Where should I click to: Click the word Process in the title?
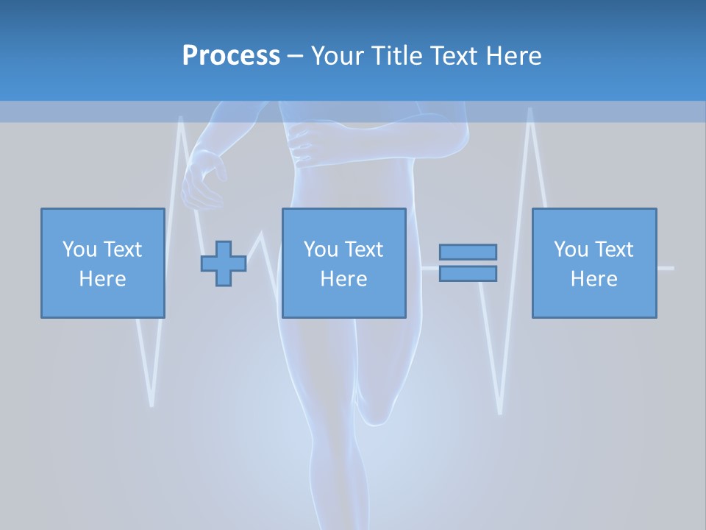click(231, 55)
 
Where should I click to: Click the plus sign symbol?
click(224, 264)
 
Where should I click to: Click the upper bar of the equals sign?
click(468, 252)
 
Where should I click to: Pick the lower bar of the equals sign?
click(468, 273)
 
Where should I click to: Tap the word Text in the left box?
click(122, 250)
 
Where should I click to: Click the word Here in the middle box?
click(344, 279)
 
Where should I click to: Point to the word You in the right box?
click(571, 250)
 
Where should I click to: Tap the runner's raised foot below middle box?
click(375, 412)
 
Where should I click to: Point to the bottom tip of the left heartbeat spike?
click(151, 403)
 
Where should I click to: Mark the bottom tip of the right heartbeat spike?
click(500, 411)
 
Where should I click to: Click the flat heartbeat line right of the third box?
click(666, 268)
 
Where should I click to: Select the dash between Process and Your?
click(296, 56)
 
